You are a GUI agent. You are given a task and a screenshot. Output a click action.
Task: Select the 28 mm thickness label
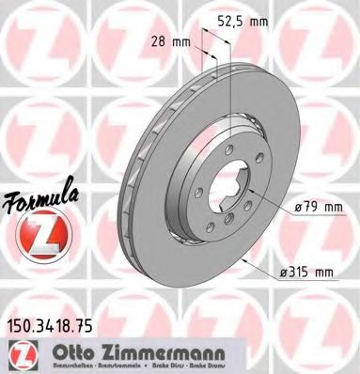pyautogui.click(x=167, y=40)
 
